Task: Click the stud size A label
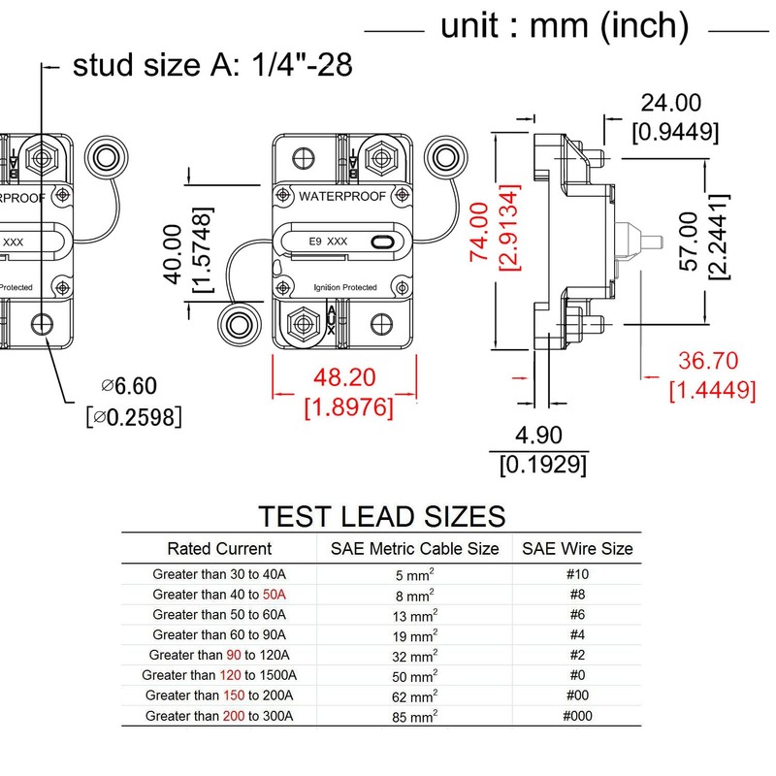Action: [212, 66]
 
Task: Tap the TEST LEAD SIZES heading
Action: [381, 514]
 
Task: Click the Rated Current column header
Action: [219, 548]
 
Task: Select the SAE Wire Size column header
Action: [577, 548]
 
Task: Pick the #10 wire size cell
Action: [577, 574]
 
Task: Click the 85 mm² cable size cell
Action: [414, 717]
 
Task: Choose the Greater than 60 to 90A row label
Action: [219, 635]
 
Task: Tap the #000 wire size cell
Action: [577, 717]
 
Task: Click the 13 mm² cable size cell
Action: [414, 615]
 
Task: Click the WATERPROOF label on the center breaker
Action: [341, 196]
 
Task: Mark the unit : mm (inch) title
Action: [565, 27]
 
